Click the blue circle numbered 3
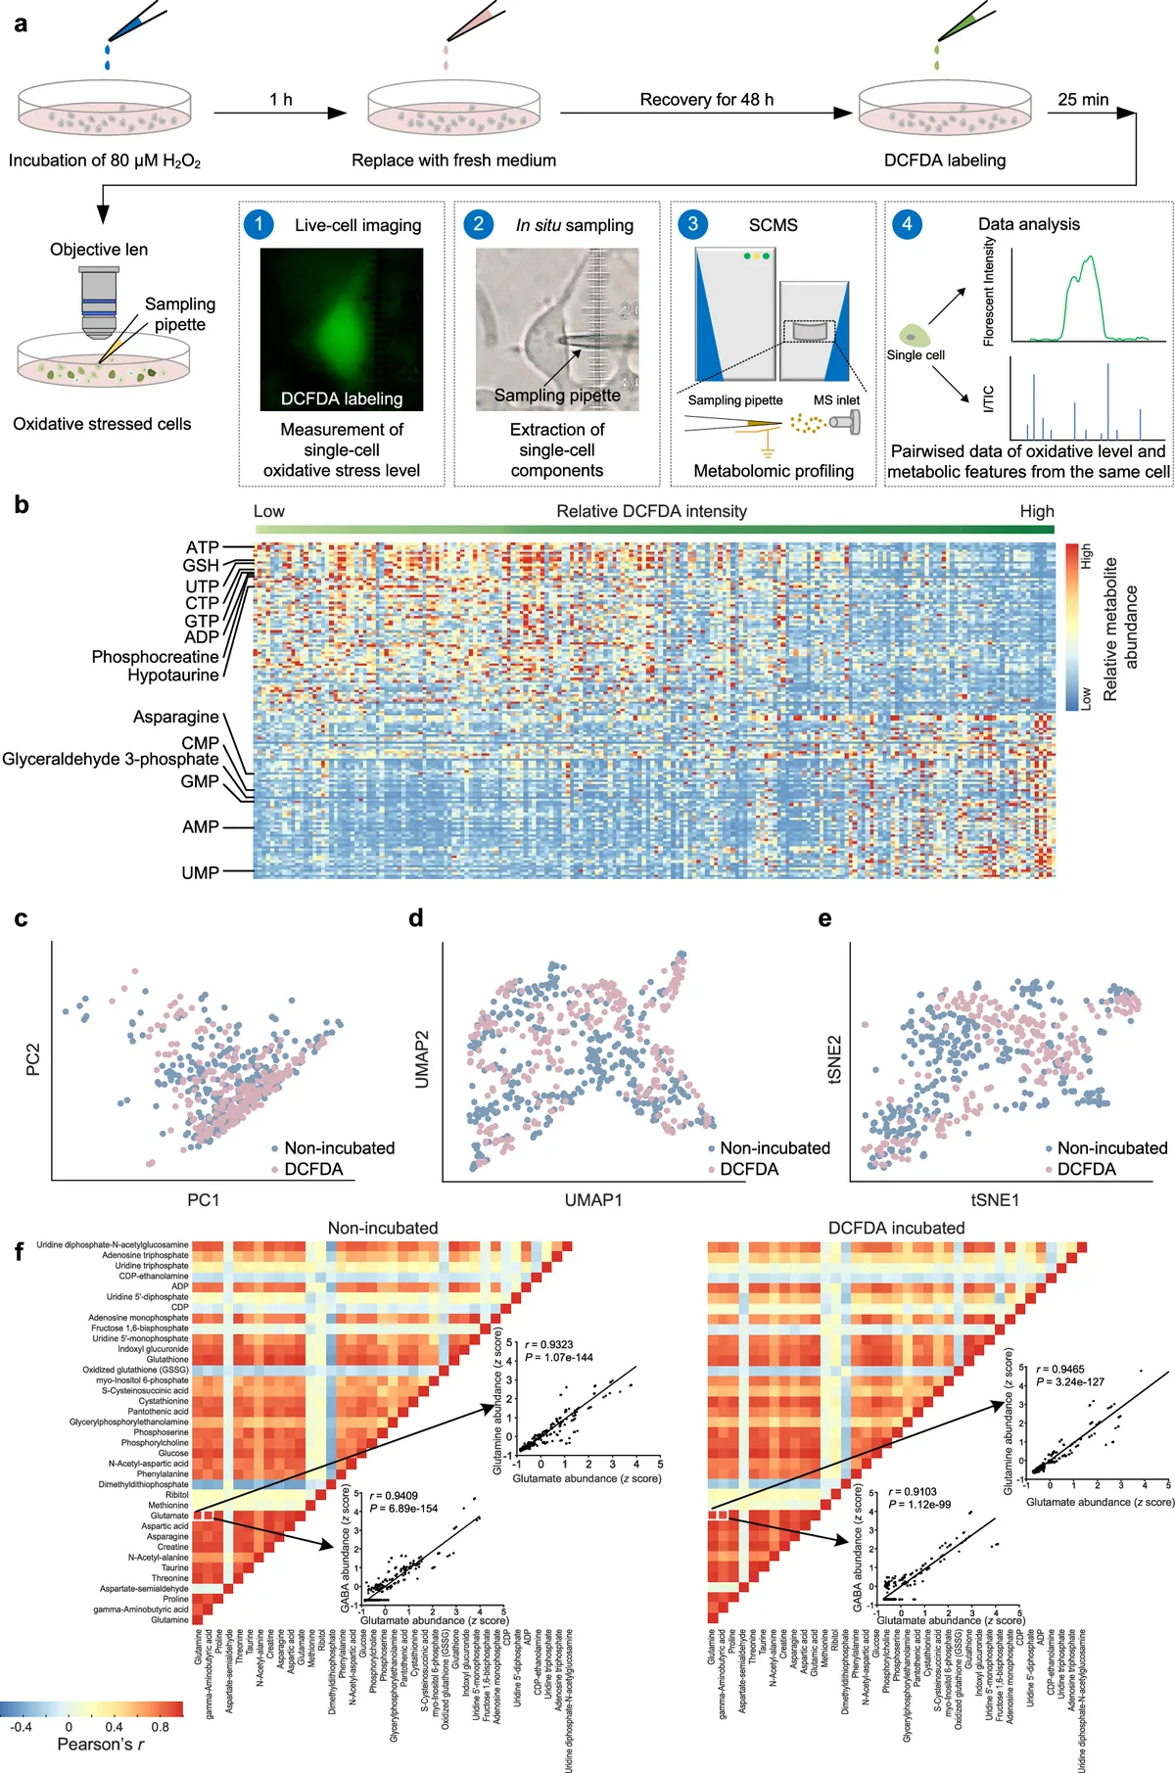tap(692, 224)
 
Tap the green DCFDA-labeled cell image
tap(342, 328)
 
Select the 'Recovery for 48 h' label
tap(706, 100)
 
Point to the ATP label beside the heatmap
tap(202, 547)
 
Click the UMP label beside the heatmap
tap(200, 872)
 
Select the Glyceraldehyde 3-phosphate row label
tap(111, 759)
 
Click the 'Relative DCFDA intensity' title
tap(651, 511)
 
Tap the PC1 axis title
tap(204, 1199)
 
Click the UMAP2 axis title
tap(422, 1059)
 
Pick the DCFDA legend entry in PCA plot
tap(313, 1169)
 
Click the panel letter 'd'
tap(416, 918)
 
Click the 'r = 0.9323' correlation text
tap(549, 1344)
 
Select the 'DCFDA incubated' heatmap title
tap(896, 1228)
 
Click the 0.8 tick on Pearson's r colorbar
tap(160, 1727)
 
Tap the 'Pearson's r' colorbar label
tap(101, 1745)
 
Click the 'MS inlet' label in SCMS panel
tap(836, 399)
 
